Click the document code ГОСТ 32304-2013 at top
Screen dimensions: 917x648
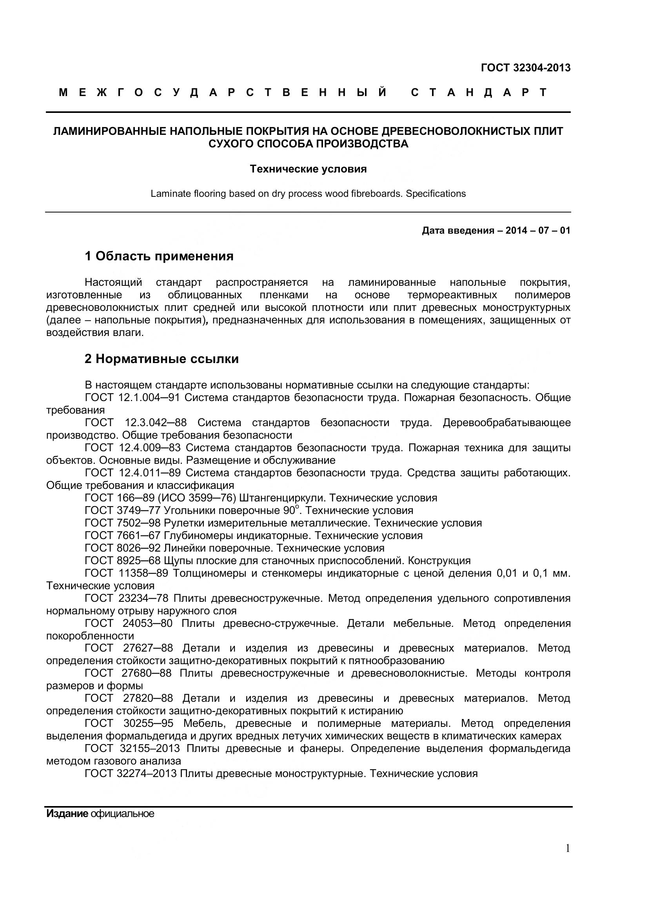525,68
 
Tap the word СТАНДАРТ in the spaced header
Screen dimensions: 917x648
479,93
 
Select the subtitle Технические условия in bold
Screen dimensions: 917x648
308,169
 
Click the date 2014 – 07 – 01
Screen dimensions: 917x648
538,231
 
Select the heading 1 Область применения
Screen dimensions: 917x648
159,256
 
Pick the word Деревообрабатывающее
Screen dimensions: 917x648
506,423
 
